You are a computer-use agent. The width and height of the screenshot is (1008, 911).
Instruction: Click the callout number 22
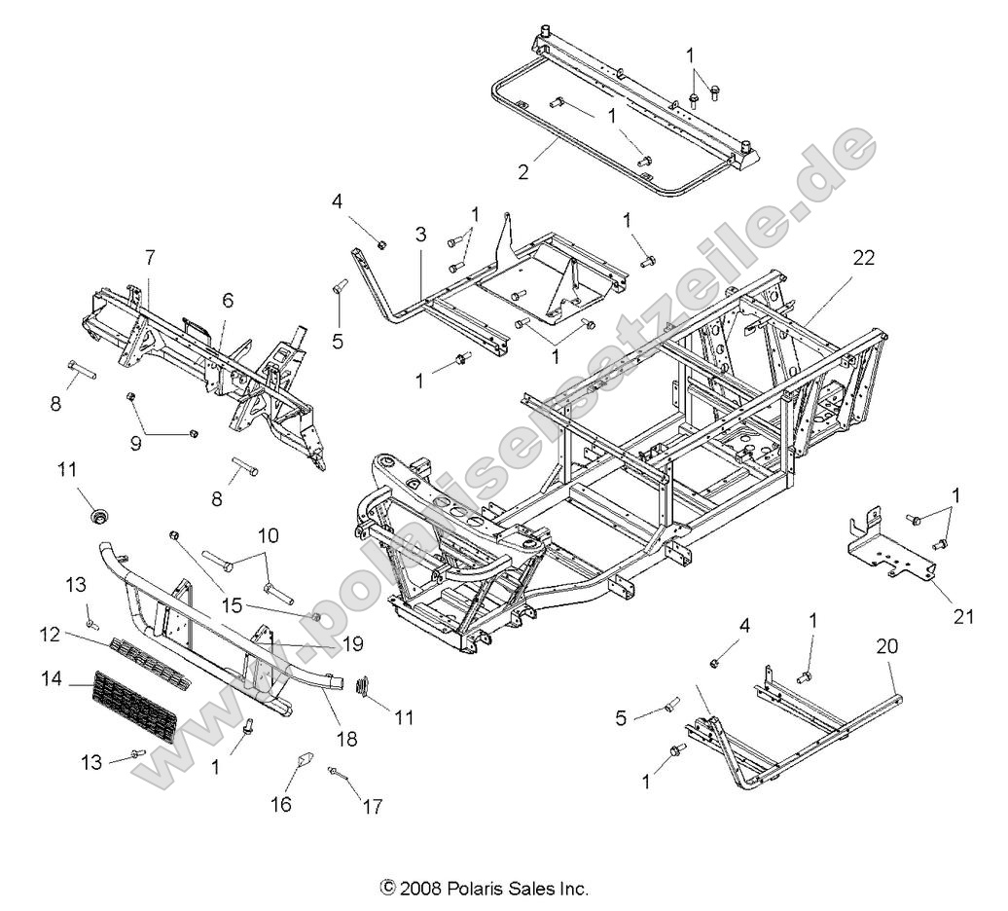coord(863,258)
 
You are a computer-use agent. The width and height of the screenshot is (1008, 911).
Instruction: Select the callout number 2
coord(523,172)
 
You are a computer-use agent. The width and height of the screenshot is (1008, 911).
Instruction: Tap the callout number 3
coord(419,235)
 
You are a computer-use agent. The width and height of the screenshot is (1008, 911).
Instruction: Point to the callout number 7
coord(149,258)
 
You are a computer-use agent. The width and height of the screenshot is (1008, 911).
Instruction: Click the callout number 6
coord(227,301)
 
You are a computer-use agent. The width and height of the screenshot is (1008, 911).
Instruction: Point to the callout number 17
coord(372,807)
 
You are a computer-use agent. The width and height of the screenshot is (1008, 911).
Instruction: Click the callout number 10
coord(268,535)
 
